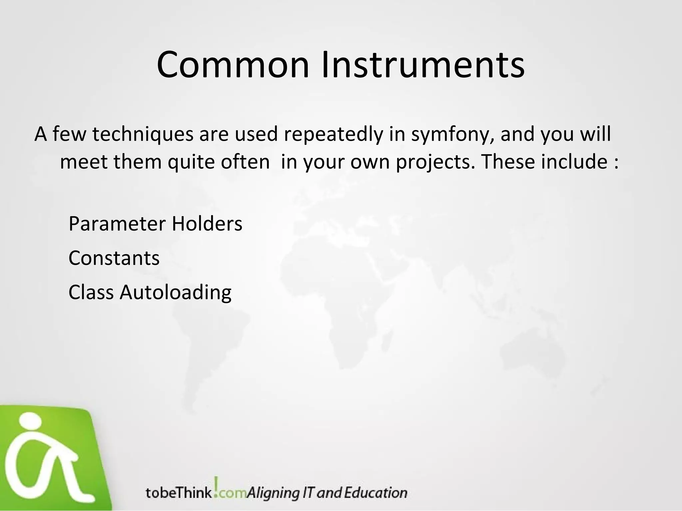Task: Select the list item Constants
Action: point(114,258)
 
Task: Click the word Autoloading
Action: point(175,293)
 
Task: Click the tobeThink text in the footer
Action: point(178,493)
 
